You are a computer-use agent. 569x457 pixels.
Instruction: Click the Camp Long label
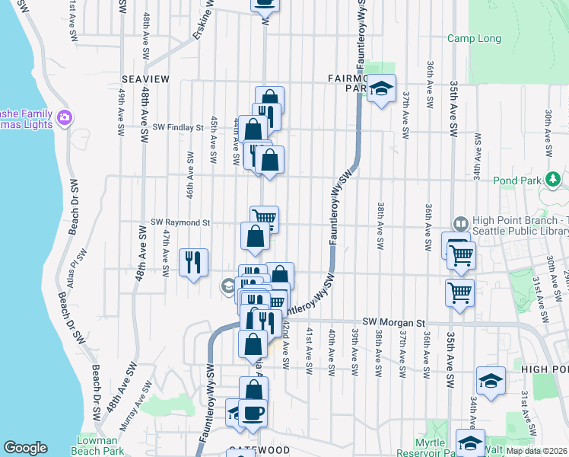pos(474,38)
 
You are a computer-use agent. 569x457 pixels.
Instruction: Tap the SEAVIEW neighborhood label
pos(145,78)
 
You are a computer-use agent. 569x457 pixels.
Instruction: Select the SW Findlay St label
pos(179,128)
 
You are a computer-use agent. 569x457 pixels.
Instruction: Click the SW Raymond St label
pos(180,222)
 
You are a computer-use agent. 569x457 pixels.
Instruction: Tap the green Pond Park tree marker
pos(555,180)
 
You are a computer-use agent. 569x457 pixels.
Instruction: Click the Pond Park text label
pos(526,181)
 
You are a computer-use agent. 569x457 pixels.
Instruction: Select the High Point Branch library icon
pos(460,223)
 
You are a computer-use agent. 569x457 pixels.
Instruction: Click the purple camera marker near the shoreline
pos(64,117)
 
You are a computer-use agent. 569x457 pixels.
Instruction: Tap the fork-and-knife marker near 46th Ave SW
pos(192,262)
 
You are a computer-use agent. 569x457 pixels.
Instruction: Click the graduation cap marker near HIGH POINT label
pos(491,380)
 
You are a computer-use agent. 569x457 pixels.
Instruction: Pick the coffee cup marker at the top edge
pos(265,4)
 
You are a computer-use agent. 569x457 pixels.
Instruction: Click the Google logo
pos(25,448)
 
